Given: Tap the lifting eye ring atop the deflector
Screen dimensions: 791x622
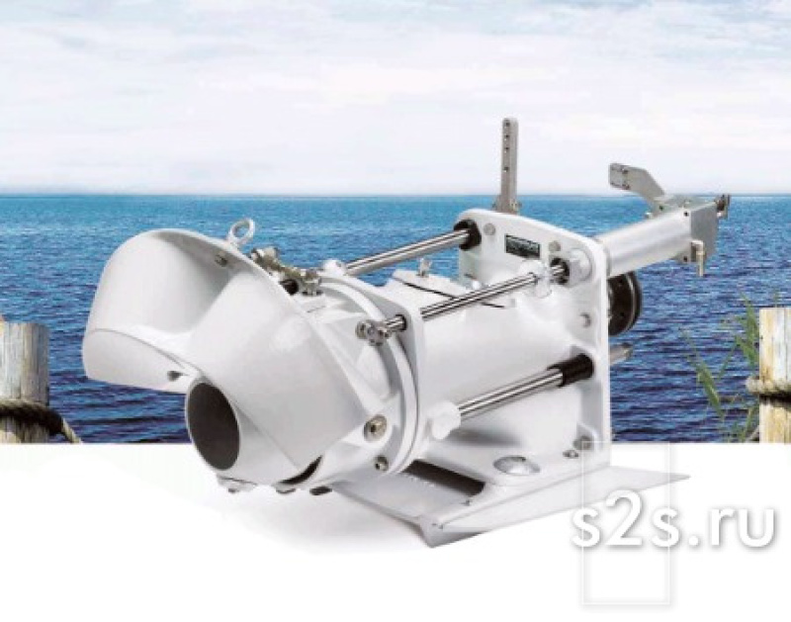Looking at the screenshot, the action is (x=235, y=233).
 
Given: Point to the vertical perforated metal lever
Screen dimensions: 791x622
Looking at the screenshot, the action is (x=508, y=165).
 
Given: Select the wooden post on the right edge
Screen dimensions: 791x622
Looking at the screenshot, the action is (x=775, y=374).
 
